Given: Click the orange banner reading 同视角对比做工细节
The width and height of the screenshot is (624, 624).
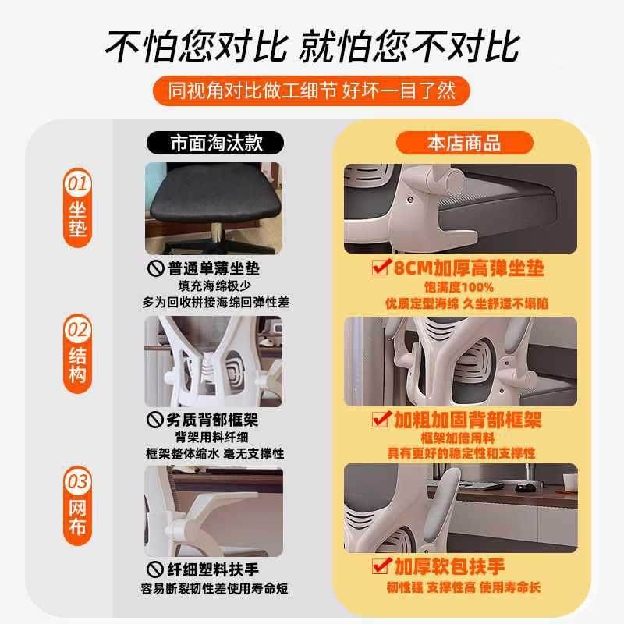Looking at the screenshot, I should point(312,91).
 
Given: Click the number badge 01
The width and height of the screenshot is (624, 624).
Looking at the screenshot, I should point(77,185).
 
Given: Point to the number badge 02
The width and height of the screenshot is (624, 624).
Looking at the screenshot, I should point(77,330).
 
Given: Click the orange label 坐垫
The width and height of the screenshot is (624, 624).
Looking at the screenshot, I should point(77,218).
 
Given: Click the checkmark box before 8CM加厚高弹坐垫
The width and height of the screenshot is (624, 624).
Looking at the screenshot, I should point(381,269).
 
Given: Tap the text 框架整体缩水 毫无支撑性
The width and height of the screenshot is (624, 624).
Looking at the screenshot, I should point(214,453).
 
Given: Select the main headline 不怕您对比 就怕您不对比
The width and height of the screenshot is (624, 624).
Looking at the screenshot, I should point(312,46).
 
